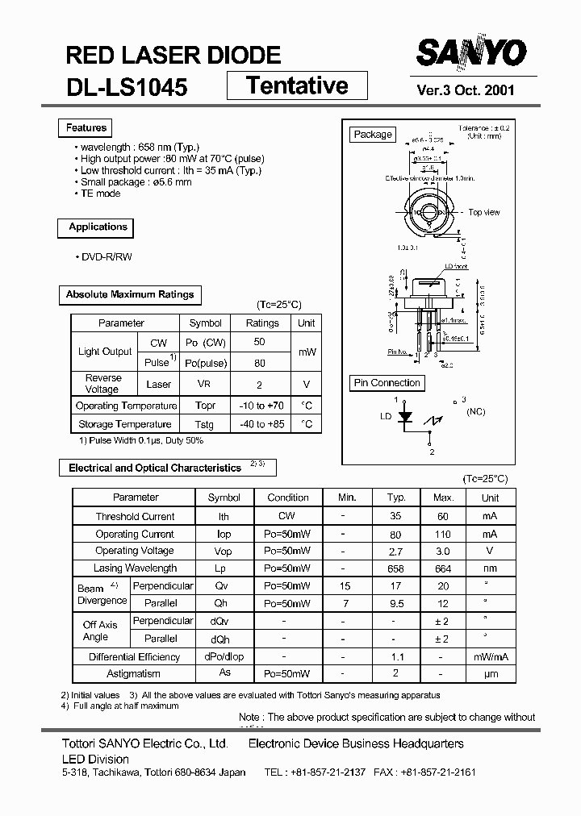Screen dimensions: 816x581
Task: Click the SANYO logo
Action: coord(472,53)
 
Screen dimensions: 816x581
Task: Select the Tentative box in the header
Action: coord(297,85)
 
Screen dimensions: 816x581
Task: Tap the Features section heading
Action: coord(86,127)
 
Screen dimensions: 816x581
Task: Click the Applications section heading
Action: coord(98,227)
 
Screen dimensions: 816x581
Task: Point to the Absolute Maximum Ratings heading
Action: coord(130,295)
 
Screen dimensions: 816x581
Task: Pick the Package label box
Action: coord(373,135)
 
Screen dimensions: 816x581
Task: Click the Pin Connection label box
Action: coord(387,383)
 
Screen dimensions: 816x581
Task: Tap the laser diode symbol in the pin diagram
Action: coord(406,418)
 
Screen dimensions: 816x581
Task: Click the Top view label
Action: coord(484,212)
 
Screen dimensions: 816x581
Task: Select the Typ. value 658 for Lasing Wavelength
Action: coord(396,568)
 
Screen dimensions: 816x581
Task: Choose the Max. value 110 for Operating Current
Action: coord(443,534)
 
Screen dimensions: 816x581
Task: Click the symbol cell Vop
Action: coord(224,552)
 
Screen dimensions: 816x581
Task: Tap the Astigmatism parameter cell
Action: coord(133,673)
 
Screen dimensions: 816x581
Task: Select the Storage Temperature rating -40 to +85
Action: coord(262,424)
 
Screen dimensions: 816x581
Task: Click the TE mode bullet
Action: coord(100,194)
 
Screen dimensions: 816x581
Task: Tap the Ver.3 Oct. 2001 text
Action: coord(466,90)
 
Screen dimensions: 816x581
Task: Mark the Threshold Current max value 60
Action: coord(443,516)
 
